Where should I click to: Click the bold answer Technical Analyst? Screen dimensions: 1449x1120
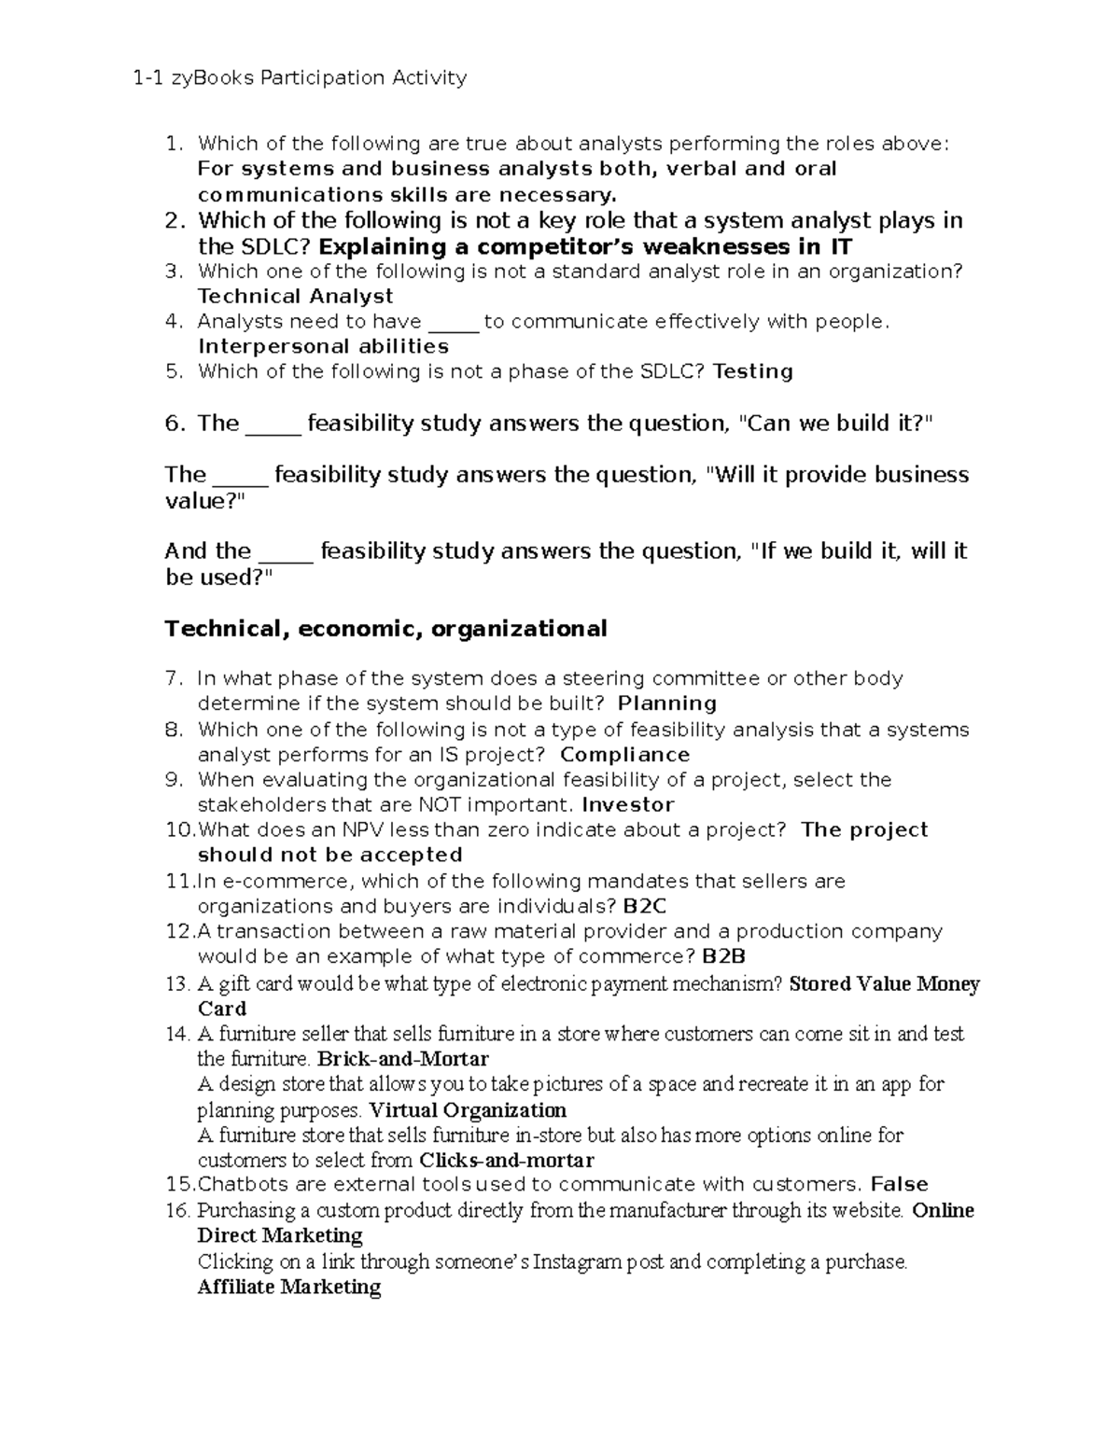(295, 297)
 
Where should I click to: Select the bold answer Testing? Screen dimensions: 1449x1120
(752, 371)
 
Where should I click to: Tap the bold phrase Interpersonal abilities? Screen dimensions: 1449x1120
(323, 346)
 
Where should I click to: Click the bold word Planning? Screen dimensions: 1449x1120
(667, 704)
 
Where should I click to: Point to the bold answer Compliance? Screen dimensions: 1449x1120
(624, 754)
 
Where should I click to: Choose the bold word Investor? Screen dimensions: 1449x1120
(627, 804)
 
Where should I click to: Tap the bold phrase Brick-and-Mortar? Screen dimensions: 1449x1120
(403, 1059)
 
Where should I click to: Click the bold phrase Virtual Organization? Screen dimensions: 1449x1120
(468, 1110)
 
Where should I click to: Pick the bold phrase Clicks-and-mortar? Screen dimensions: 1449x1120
(507, 1161)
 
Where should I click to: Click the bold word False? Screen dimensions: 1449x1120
(899, 1185)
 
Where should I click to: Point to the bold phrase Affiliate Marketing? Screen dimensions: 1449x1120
(289, 1288)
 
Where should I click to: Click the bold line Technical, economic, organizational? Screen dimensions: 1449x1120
(385, 629)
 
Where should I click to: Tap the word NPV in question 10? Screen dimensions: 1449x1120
(365, 830)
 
